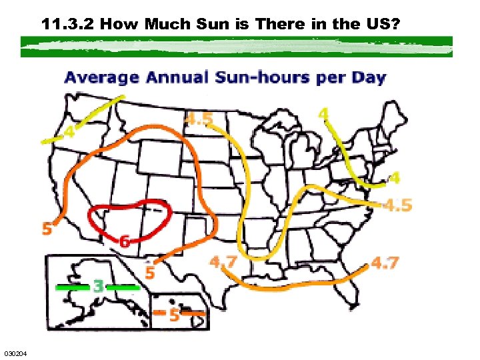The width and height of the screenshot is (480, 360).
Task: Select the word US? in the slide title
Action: [x=382, y=25]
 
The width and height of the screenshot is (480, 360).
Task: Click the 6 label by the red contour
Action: [x=124, y=241]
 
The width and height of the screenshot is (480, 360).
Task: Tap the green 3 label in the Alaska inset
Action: [x=98, y=287]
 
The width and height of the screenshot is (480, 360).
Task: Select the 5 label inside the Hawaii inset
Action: [x=173, y=315]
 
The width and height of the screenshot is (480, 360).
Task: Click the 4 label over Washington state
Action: [x=69, y=132]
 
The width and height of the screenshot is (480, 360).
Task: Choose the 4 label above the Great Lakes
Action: [x=323, y=115]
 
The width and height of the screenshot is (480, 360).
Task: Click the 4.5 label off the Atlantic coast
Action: [x=398, y=205]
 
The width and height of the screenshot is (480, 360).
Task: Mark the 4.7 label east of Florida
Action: [x=385, y=263]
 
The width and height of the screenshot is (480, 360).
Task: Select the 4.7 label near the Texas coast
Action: [x=223, y=262]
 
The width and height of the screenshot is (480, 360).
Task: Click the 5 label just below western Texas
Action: [x=150, y=273]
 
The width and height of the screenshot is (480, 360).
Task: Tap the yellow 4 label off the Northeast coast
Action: [x=394, y=178]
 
